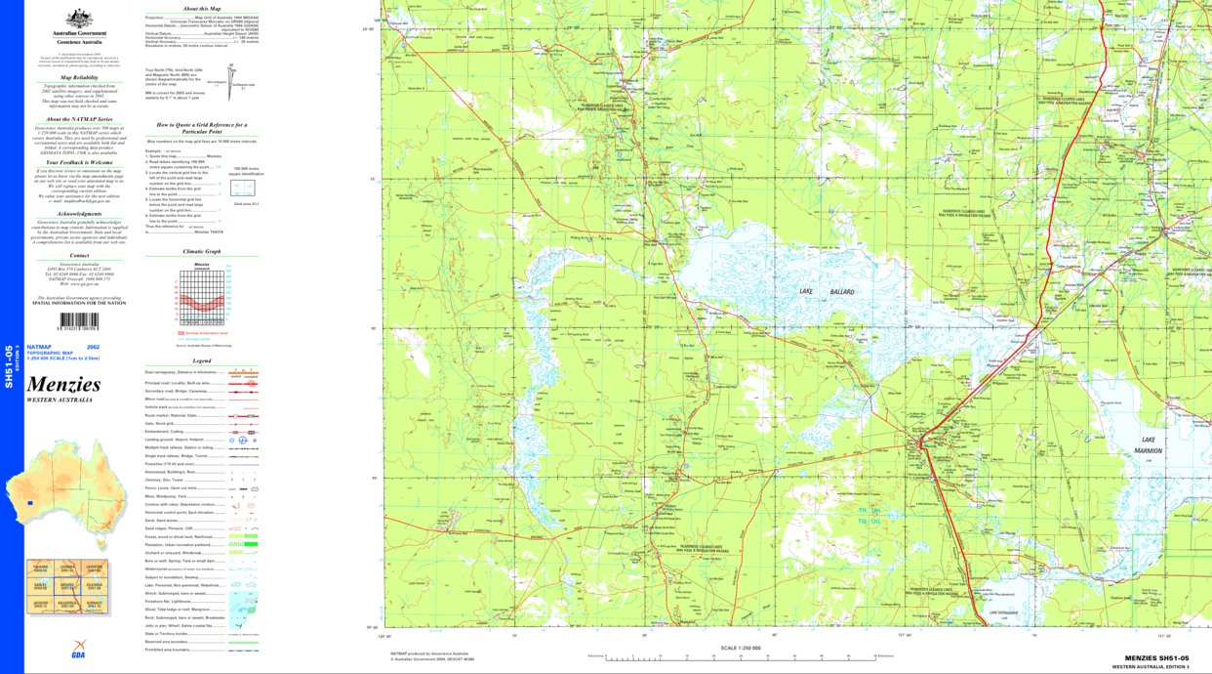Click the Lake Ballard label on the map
tap(813, 292)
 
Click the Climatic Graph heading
tap(201, 251)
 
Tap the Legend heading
tap(201, 360)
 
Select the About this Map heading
tap(201, 8)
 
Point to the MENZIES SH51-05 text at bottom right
tap(1156, 658)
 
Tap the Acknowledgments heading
tap(79, 213)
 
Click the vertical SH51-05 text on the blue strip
tap(9, 366)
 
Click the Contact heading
tap(79, 255)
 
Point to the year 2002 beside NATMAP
tap(93, 348)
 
